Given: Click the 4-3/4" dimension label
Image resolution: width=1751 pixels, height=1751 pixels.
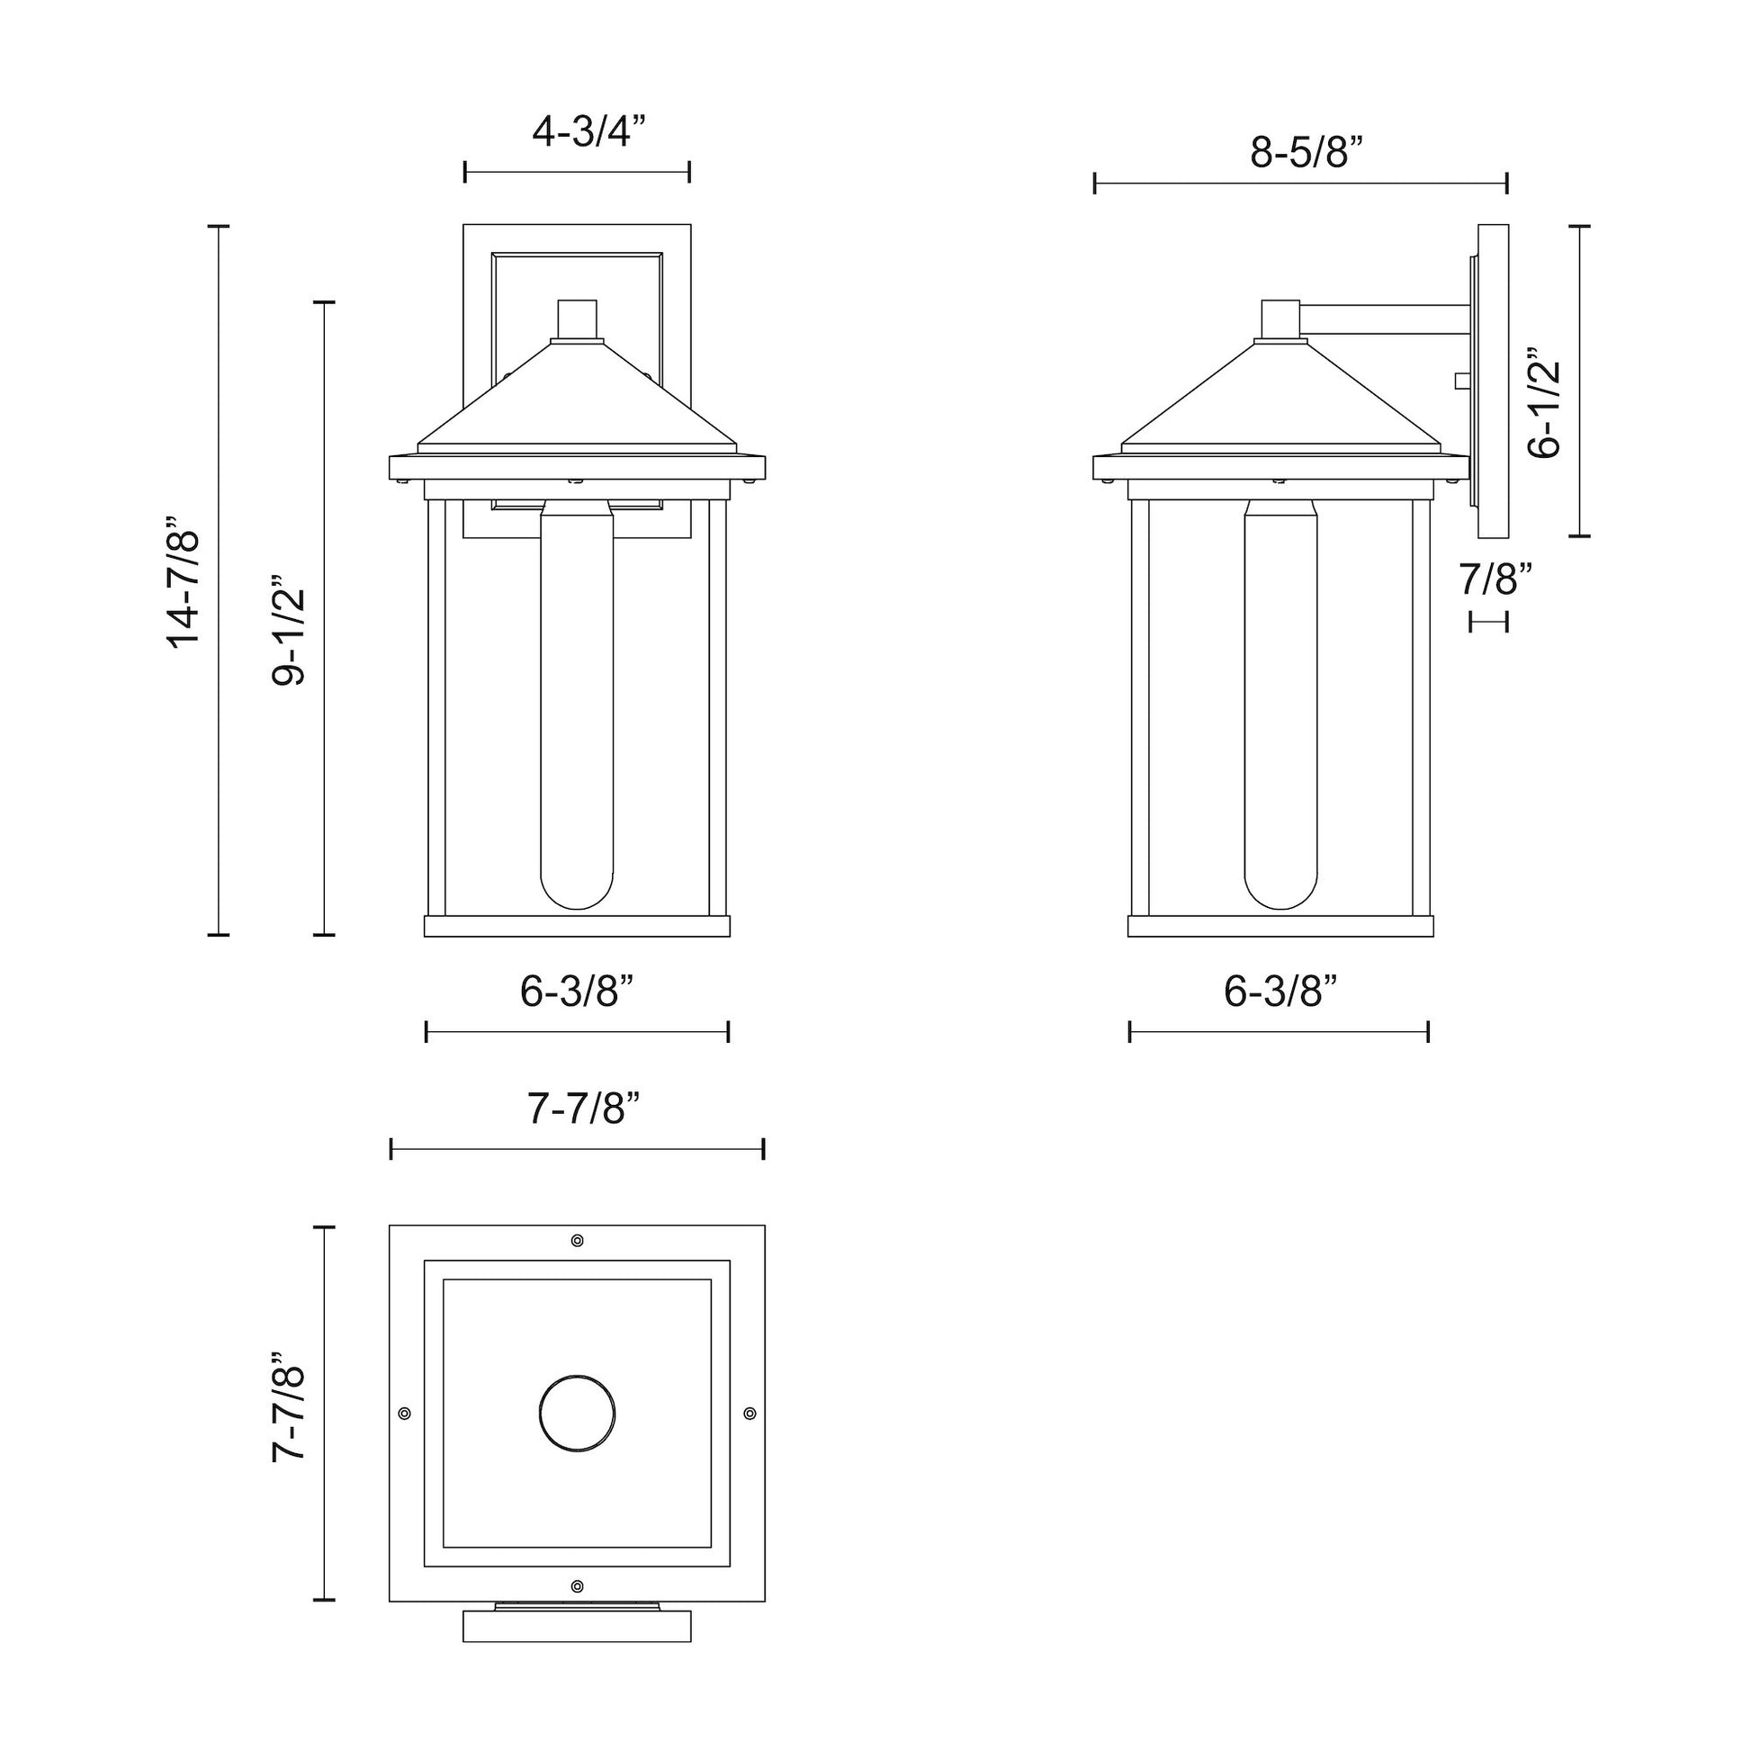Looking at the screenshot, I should pyautogui.click(x=588, y=132).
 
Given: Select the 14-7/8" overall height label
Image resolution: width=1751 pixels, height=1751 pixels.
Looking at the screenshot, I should pyautogui.click(x=184, y=581).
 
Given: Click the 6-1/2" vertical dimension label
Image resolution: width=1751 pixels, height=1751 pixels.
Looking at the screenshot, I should pyautogui.click(x=1544, y=401).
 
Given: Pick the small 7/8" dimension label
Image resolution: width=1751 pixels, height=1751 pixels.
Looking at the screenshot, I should pyautogui.click(x=1495, y=579).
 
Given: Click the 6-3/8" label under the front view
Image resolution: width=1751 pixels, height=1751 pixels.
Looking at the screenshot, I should pyautogui.click(x=576, y=992).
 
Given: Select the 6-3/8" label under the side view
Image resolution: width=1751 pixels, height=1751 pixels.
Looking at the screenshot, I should pyautogui.click(x=1280, y=992).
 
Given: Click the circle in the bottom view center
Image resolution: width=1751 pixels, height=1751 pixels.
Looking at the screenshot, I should pyautogui.click(x=577, y=1413).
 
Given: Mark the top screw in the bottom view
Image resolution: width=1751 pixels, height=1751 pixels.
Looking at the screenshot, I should pyautogui.click(x=578, y=1240).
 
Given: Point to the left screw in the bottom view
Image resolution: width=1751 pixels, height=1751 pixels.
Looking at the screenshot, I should pyautogui.click(x=404, y=1413).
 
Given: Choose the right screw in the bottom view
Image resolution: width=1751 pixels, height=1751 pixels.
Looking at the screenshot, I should pyautogui.click(x=750, y=1413).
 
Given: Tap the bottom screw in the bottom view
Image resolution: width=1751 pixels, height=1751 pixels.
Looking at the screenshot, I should pyautogui.click(x=578, y=1586).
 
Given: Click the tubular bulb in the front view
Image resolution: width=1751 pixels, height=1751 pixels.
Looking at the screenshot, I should pyautogui.click(x=577, y=707).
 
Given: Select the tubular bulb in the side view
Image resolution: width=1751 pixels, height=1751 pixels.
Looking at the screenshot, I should pyautogui.click(x=1280, y=707).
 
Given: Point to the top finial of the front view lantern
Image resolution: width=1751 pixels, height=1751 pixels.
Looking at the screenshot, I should pyautogui.click(x=577, y=319).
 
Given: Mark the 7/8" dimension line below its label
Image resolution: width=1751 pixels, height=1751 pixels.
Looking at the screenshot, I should pyautogui.click(x=1488, y=622).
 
